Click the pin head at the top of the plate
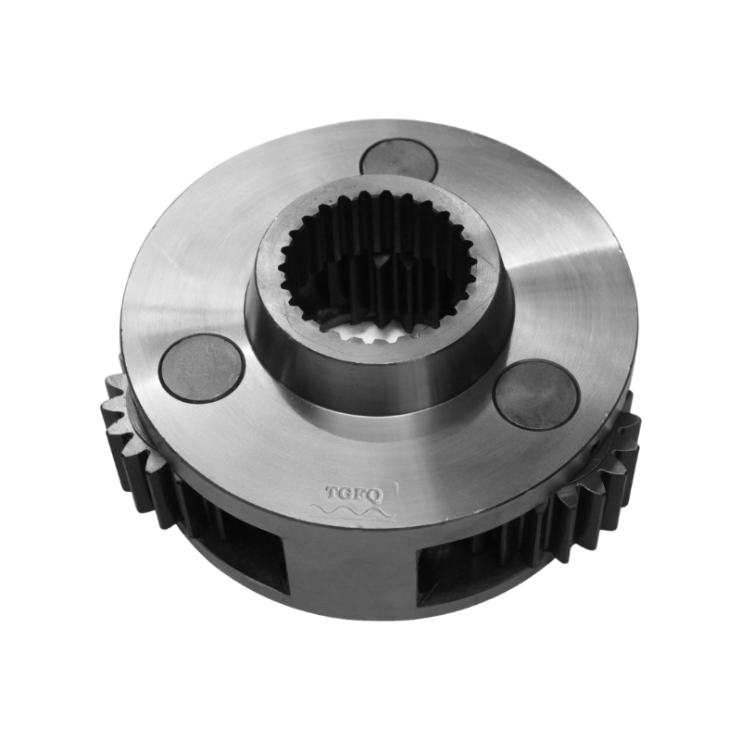(x=397, y=158)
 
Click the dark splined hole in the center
(x=380, y=269)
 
